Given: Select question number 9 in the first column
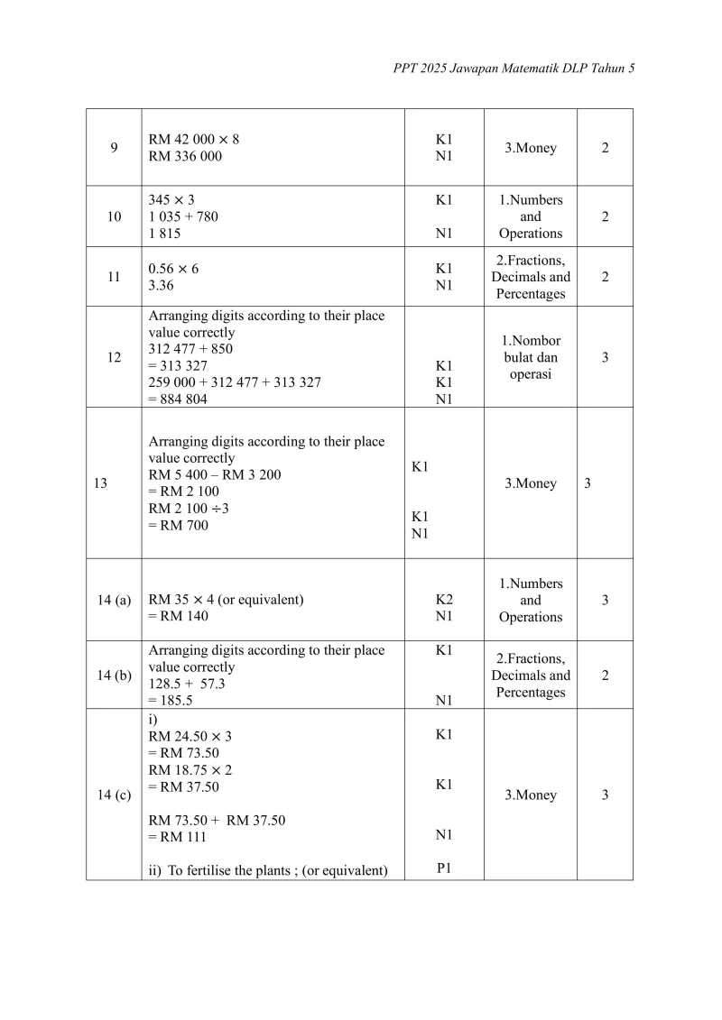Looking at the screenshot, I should pos(114,148).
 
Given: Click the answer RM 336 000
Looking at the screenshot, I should pos(185,156).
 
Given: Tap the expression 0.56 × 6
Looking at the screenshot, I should pos(173,269).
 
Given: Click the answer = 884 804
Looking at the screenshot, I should pos(178,400).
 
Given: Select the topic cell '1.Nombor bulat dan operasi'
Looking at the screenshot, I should pos(531,357).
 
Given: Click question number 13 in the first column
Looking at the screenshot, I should pos(100,483).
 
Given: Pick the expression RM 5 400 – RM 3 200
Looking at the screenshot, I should pos(214,474).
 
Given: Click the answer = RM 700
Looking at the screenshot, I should pos(178,525).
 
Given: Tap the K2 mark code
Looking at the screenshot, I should pos(444,600).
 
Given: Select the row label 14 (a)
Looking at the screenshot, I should pos(114,600).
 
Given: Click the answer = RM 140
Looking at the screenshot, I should pos(178,616).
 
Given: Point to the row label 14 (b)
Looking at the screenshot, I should pos(114,675).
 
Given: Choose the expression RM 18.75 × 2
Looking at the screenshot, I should pos(190,770).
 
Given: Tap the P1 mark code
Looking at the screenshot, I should pos(444,869).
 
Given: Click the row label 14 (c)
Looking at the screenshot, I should pos(114,795).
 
